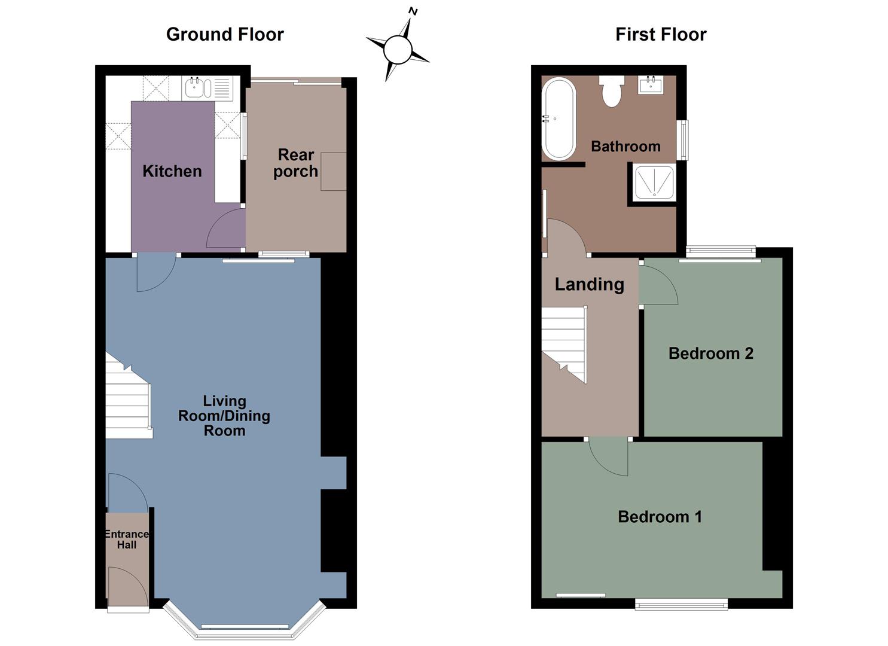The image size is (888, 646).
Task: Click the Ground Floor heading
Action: click(224, 34)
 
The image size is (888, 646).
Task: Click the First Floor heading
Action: click(660, 34)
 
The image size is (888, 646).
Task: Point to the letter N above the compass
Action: click(413, 11)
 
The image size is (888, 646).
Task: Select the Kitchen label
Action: click(172, 171)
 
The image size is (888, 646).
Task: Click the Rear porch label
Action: click(295, 163)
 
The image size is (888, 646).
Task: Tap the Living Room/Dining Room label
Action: click(224, 416)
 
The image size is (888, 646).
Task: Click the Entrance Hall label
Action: click(126, 539)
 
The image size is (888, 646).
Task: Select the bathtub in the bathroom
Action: click(559, 120)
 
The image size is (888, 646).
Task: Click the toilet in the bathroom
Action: click(612, 92)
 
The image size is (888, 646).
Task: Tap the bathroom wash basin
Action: click(650, 85)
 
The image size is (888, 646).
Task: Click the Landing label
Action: click(589, 284)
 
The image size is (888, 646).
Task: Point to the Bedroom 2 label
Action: click(710, 354)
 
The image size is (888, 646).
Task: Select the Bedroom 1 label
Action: click(660, 517)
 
